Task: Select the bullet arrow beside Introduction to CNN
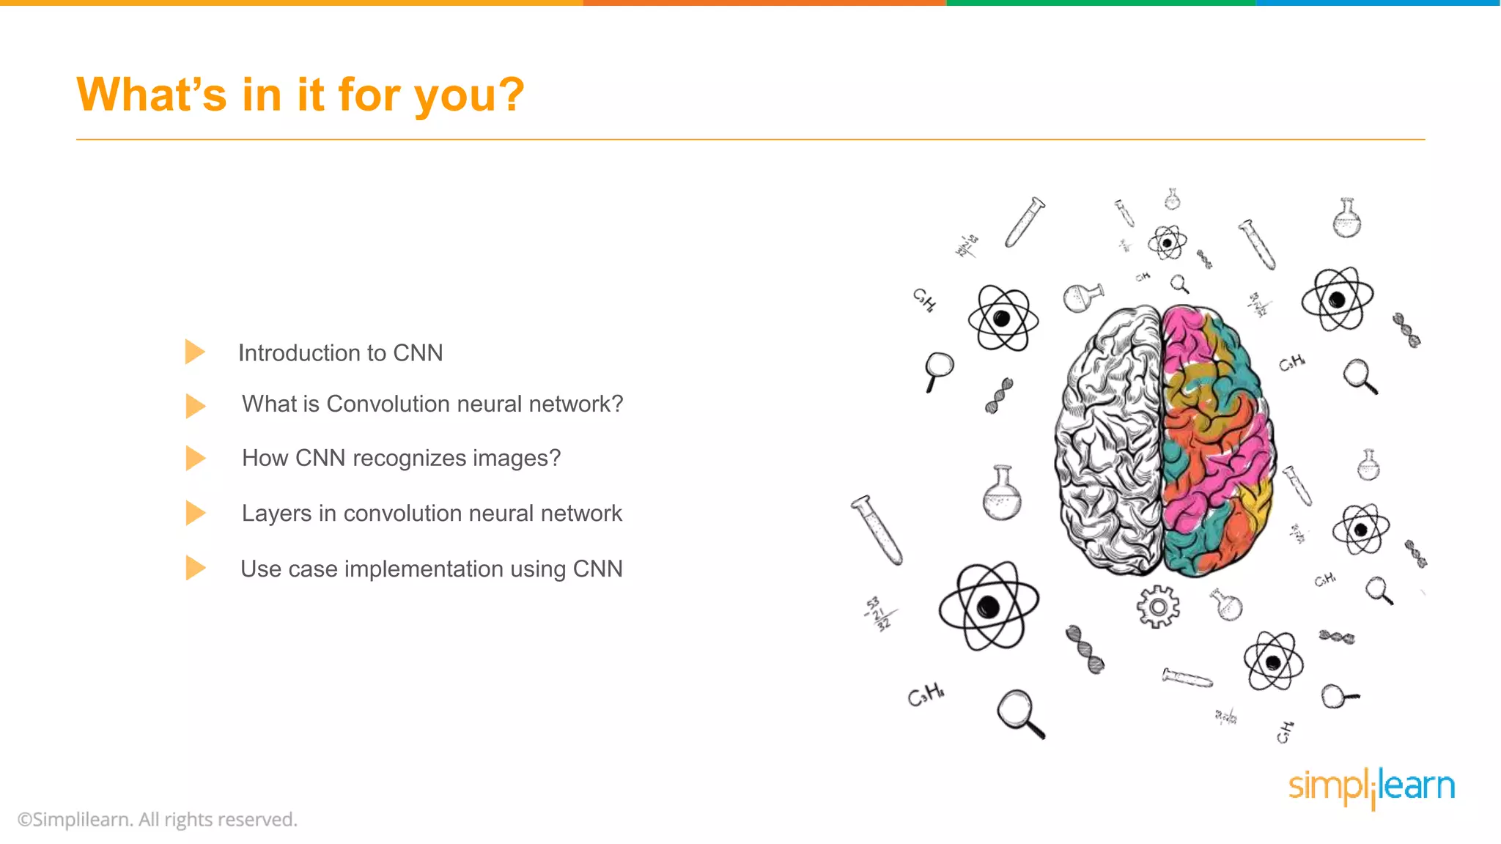(195, 352)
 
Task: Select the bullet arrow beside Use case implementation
(195, 568)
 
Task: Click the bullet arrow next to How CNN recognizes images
(195, 458)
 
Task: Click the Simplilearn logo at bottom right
(1371, 788)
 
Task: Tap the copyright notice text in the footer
(157, 819)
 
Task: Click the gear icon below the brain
(1157, 607)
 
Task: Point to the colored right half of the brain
(1217, 440)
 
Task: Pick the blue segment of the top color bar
(1378, 3)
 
